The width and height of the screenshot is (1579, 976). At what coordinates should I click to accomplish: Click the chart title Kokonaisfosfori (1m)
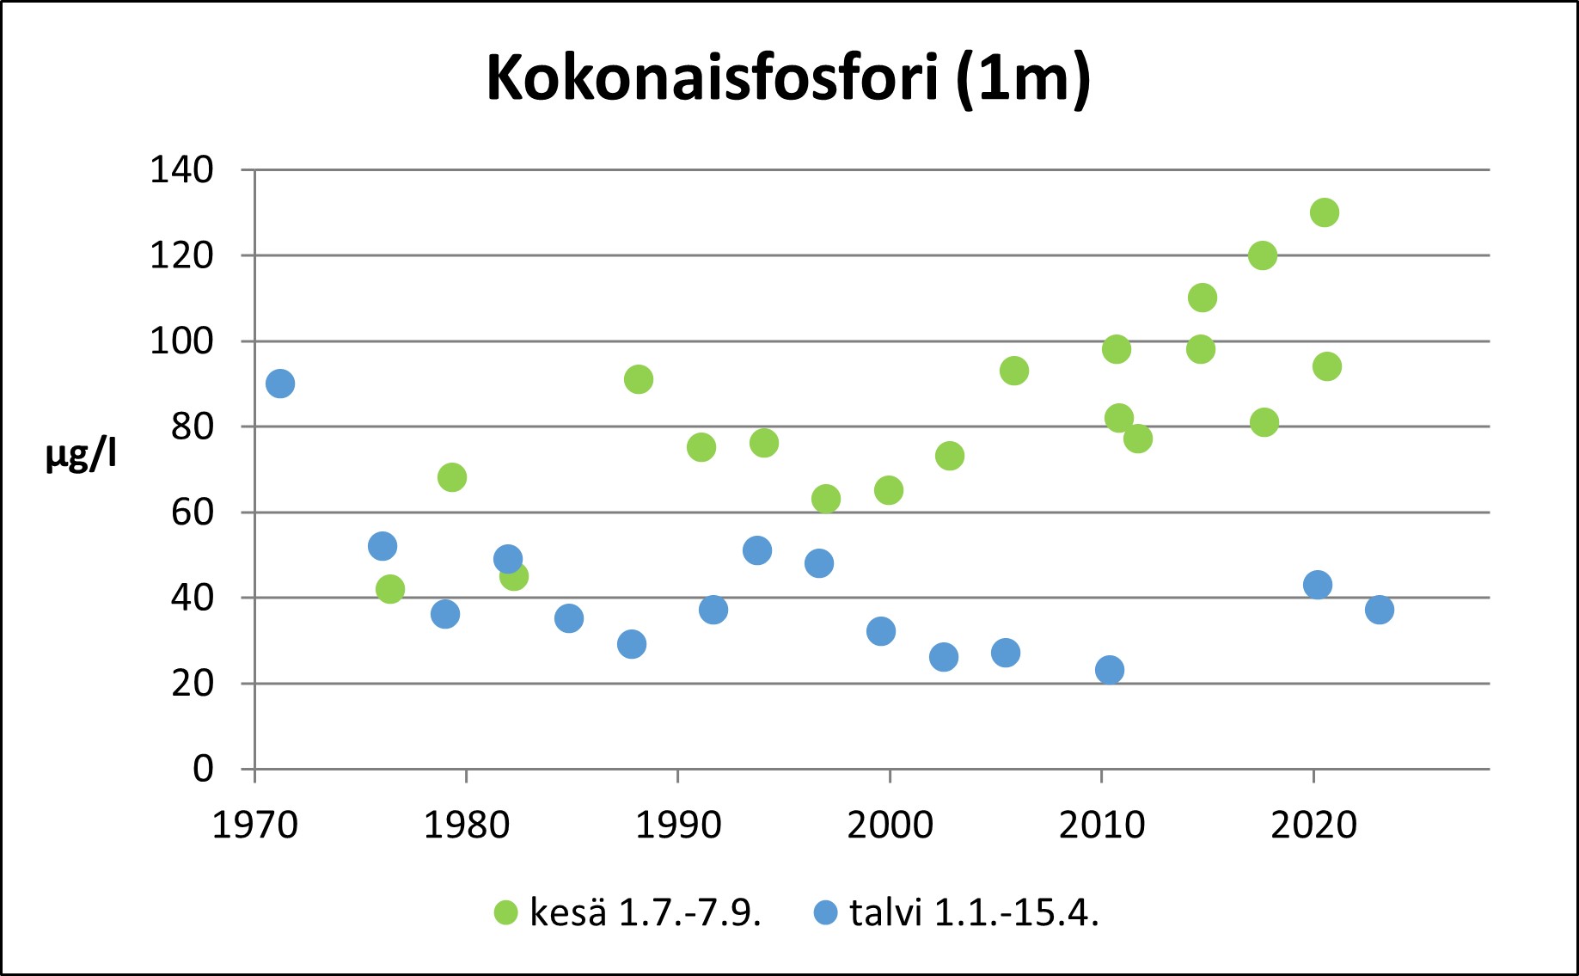[x=788, y=78]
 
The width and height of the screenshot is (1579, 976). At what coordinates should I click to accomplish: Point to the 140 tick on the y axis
[x=181, y=170]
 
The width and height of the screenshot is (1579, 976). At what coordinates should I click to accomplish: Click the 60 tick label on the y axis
[x=192, y=513]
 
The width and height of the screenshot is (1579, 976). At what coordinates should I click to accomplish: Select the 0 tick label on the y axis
[x=203, y=769]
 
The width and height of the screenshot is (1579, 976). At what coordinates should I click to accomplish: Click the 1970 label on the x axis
[x=254, y=826]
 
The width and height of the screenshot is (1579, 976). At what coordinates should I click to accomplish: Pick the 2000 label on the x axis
[x=890, y=826]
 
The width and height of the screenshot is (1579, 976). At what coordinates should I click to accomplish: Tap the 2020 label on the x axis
[x=1313, y=826]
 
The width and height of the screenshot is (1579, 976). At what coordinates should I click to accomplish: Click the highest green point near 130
[x=1325, y=212]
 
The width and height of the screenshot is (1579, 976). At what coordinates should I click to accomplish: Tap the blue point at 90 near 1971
[x=280, y=384]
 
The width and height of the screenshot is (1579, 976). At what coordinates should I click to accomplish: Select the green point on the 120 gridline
[x=1263, y=255]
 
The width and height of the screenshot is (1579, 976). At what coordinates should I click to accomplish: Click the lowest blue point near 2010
[x=1110, y=670]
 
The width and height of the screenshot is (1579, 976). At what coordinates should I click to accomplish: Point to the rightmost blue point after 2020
[x=1380, y=610]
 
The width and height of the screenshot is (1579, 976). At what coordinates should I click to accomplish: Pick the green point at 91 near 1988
[x=639, y=379]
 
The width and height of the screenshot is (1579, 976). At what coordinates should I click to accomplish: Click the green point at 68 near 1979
[x=452, y=477]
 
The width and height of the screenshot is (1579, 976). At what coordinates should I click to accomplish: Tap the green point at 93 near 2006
[x=1014, y=371]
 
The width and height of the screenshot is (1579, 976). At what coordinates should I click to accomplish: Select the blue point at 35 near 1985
[x=569, y=618]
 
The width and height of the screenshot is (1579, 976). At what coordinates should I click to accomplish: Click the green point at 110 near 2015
[x=1203, y=298]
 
